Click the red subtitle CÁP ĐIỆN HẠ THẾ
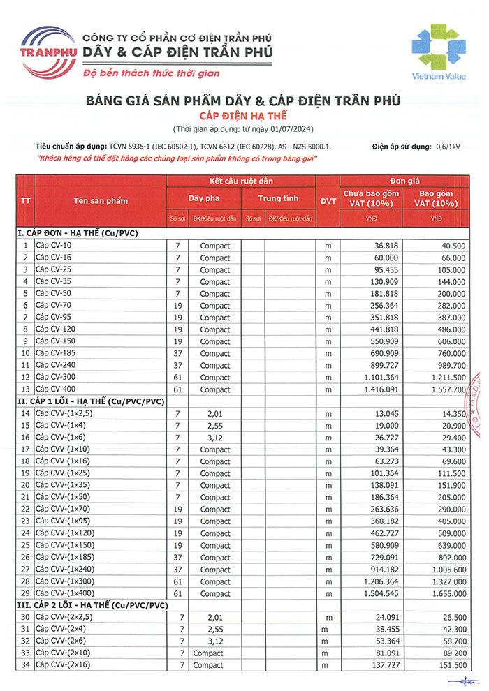click(x=243, y=115)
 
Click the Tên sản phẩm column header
click(x=101, y=200)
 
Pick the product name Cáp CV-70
click(x=52, y=306)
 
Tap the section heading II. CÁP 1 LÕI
click(x=91, y=401)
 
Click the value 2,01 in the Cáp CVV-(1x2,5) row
click(x=214, y=414)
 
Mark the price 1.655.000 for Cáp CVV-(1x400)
click(x=444, y=593)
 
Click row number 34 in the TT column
click(x=26, y=665)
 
